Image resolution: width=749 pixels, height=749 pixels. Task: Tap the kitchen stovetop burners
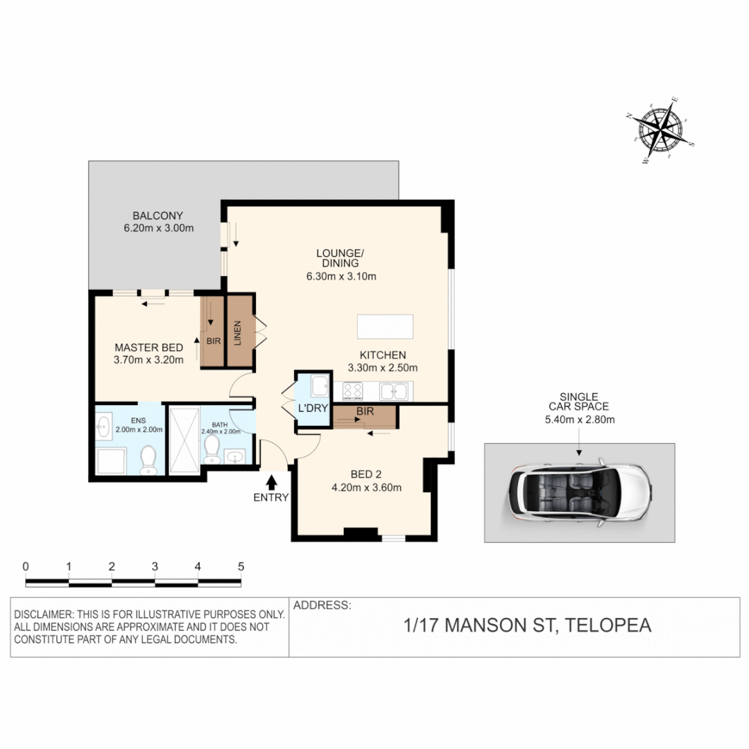coord(352,391)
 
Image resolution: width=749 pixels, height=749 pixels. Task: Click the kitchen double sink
coord(393,391)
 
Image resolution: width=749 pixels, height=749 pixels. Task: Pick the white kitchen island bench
coord(385,326)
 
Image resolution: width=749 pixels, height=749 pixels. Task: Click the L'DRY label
coord(312,408)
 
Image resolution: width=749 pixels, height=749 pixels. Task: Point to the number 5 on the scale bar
coord(241,566)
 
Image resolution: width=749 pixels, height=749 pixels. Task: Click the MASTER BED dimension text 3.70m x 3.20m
coord(148,360)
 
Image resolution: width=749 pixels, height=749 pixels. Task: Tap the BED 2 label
coord(367,476)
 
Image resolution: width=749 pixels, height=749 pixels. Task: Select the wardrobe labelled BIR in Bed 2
coord(364,416)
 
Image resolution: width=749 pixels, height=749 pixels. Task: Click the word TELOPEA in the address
coord(608,626)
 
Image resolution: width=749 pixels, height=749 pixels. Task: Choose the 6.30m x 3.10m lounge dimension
coord(340,277)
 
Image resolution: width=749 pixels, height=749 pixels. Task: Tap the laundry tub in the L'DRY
coord(320,384)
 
